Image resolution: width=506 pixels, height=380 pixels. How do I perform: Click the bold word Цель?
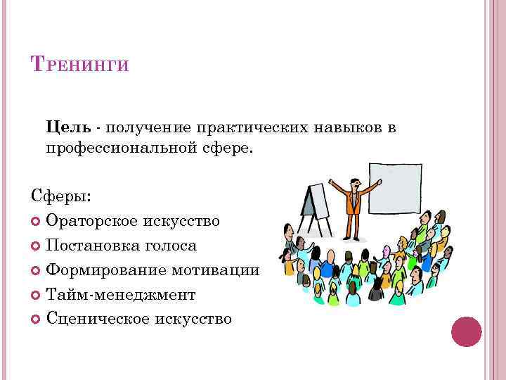[68, 127]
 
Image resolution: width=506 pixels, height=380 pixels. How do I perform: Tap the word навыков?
[351, 127]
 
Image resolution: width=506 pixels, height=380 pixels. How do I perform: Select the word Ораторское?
[88, 222]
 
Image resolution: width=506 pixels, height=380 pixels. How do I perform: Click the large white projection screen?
[396, 189]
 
